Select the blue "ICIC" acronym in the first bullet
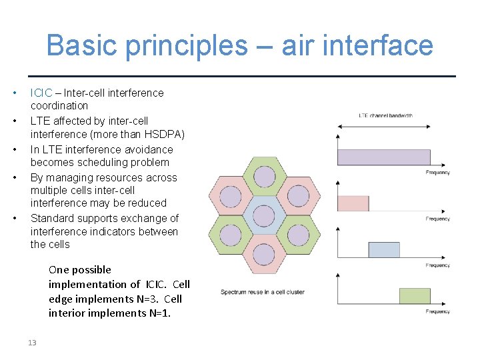(x=41, y=93)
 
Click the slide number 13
(x=31, y=342)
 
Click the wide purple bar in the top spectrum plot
(x=384, y=157)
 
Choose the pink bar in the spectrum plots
(x=353, y=203)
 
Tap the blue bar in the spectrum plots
(x=384, y=250)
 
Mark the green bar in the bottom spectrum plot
(x=415, y=296)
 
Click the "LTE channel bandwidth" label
(x=385, y=116)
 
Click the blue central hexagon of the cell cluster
(x=264, y=216)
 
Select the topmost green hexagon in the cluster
(x=264, y=177)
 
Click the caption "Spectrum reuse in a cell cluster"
(x=263, y=292)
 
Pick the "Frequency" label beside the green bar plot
(x=438, y=311)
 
